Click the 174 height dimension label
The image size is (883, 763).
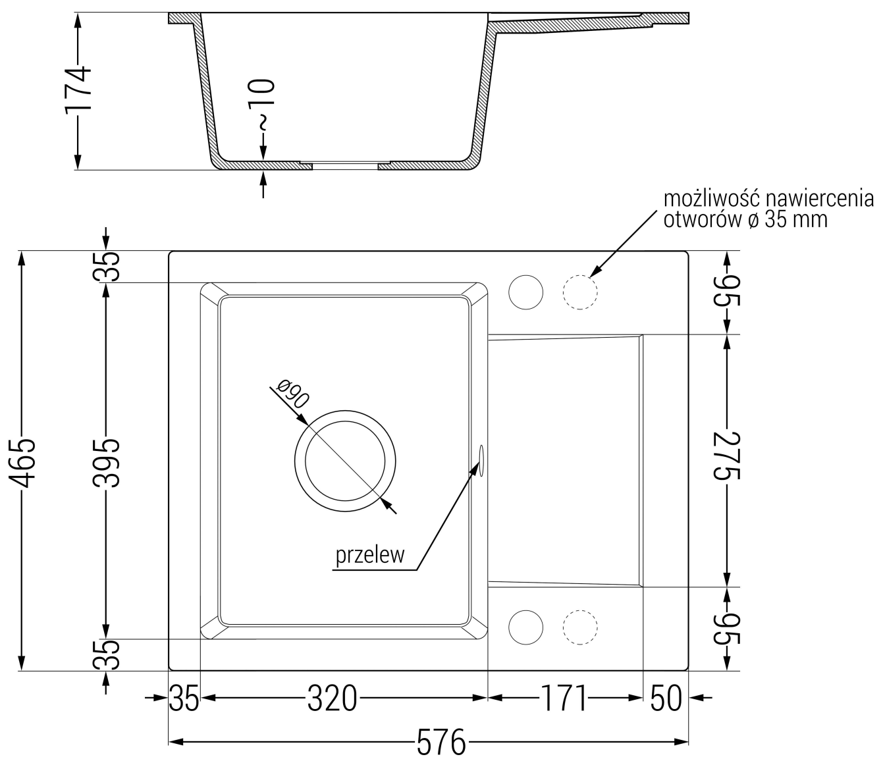click(78, 91)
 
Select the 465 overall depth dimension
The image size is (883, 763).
click(21, 462)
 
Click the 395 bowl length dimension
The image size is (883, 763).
click(107, 462)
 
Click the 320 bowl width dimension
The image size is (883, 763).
click(332, 698)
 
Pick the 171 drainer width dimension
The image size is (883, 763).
click(564, 698)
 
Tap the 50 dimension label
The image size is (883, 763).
click(666, 698)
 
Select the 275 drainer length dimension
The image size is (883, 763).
click(728, 456)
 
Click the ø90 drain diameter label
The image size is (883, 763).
click(292, 393)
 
